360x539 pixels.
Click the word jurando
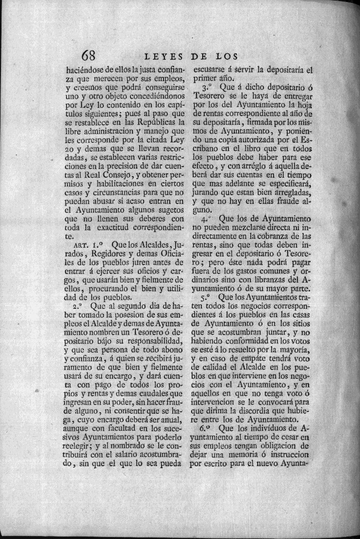209,192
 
